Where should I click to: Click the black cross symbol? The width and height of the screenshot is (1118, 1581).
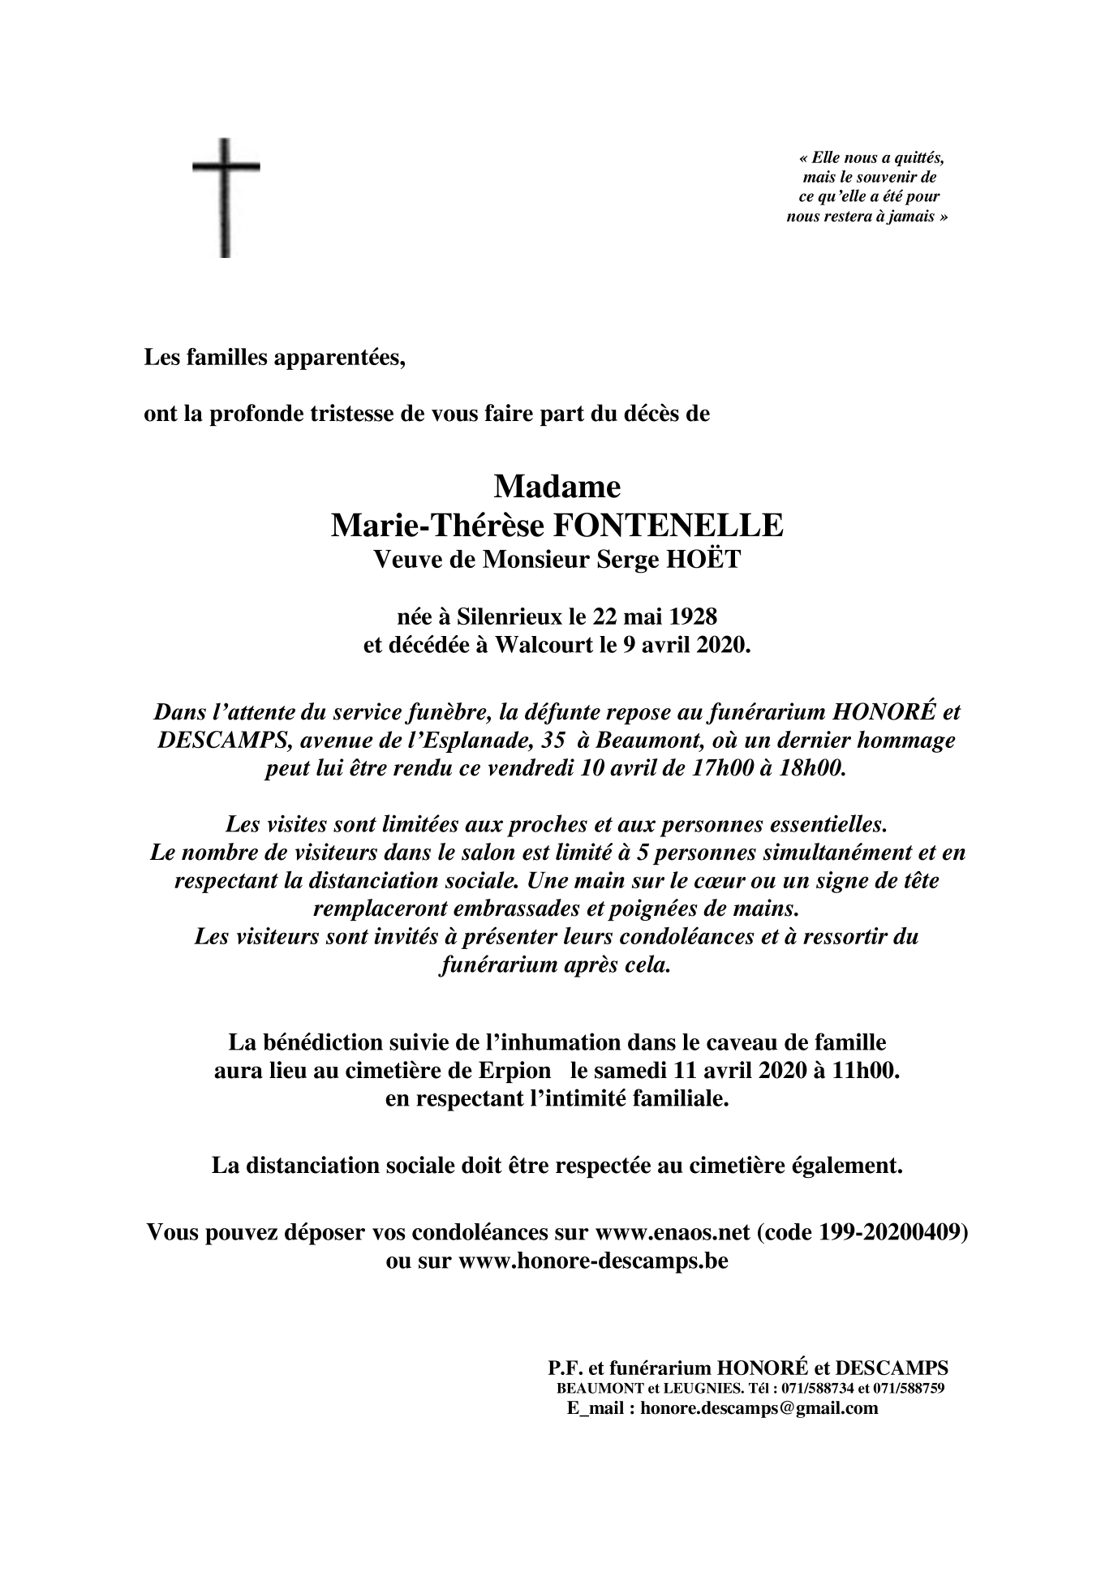click(x=226, y=197)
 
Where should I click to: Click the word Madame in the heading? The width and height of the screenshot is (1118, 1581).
click(x=557, y=487)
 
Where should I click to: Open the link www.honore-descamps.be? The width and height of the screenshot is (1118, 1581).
click(x=593, y=1262)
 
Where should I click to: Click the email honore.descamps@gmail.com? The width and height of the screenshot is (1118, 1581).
click(x=759, y=1408)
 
